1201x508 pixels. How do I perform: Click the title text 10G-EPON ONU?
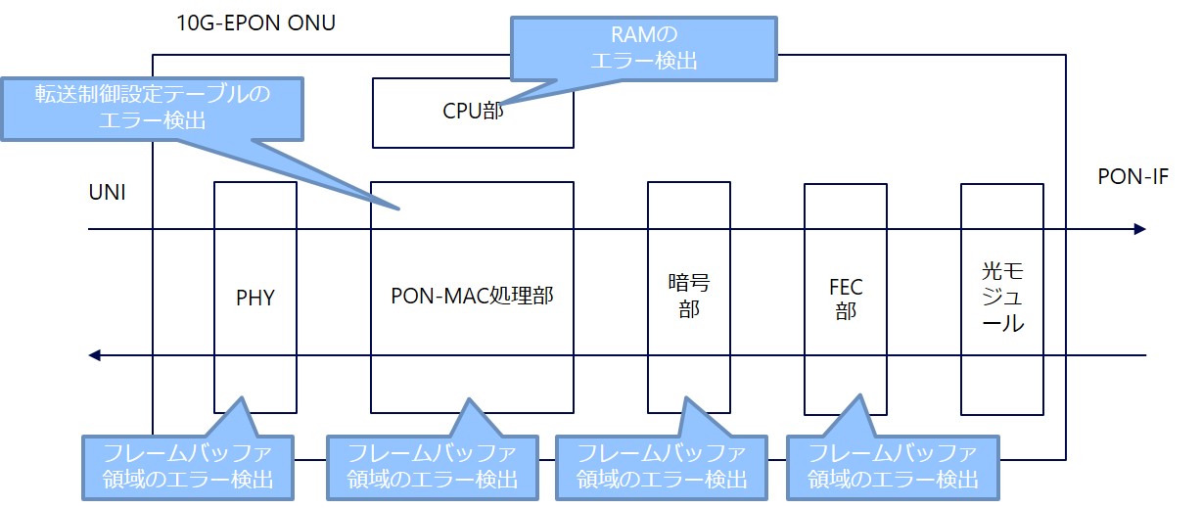[257, 23]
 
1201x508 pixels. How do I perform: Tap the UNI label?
[107, 194]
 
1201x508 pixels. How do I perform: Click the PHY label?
[254, 297]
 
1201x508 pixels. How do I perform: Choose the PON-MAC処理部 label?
[472, 295]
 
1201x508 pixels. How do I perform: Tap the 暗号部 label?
[688, 297]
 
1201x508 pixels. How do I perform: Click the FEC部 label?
[845, 298]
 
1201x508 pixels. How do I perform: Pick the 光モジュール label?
[1001, 297]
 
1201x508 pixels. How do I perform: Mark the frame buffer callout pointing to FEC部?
[892, 466]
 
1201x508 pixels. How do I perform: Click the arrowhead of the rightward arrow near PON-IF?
[1139, 229]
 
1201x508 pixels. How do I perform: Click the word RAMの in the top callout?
[644, 36]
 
